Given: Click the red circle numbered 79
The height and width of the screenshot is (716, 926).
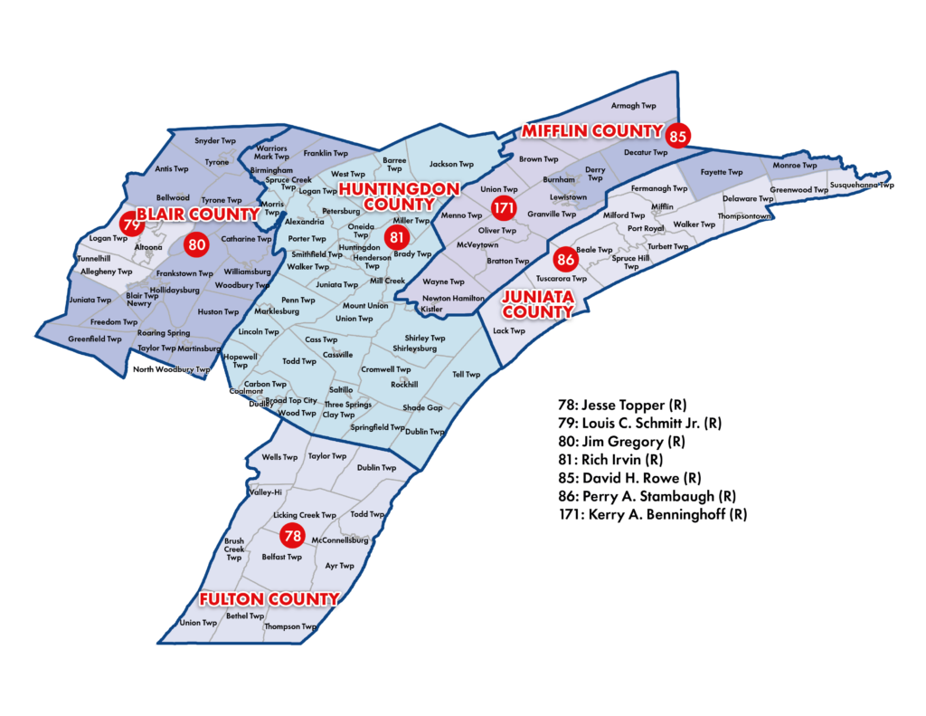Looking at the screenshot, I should [x=131, y=224].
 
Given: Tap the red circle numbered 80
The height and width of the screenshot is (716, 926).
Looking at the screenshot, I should [x=196, y=243].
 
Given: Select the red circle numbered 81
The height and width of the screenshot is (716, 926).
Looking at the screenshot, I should [x=396, y=237].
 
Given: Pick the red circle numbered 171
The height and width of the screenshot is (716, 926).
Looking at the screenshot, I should [x=503, y=210].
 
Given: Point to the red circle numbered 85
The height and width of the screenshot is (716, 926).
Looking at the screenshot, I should [x=678, y=137].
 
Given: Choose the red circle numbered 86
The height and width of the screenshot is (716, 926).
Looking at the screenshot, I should [x=566, y=260].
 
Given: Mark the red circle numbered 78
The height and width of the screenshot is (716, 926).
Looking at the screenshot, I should [x=292, y=536].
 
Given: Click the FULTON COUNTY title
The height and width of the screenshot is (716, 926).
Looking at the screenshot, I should [x=269, y=599].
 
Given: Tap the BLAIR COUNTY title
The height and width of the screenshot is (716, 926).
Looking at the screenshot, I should [x=197, y=215].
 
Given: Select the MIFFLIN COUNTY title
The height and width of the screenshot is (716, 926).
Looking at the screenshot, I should [x=591, y=131].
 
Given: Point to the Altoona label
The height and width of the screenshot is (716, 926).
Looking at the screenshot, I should [x=148, y=247].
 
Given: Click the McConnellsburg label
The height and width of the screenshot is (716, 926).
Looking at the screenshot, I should [x=340, y=540].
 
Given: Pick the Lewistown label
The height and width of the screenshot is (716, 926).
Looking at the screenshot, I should [x=568, y=197].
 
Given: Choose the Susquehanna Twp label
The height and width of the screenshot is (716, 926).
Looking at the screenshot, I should [x=862, y=185].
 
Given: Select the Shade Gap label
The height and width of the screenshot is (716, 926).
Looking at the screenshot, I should [x=422, y=408].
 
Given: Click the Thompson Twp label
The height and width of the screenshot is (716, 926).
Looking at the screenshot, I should [x=289, y=626].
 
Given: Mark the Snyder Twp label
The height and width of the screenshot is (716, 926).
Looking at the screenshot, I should [x=215, y=141].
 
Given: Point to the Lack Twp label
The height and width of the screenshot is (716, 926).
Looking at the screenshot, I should [x=509, y=331].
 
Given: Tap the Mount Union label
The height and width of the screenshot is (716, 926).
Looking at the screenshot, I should [x=365, y=306].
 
